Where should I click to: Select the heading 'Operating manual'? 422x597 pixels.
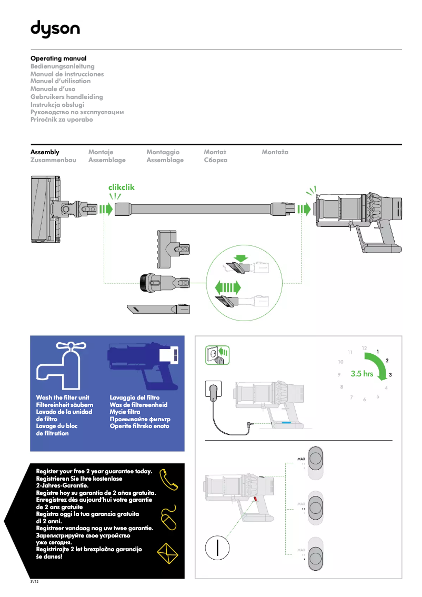(58, 58)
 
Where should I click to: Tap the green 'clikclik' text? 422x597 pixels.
(122, 187)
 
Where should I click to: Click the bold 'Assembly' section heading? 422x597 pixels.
(45, 152)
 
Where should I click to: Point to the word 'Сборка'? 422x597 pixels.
(215, 160)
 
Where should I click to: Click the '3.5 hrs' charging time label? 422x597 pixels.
(361, 374)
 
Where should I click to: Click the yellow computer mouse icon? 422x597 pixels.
(169, 519)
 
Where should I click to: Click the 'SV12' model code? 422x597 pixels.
(35, 583)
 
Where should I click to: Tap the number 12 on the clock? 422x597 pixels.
(364, 348)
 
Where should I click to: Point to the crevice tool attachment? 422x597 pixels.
(158, 309)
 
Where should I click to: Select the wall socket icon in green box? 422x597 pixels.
(217, 355)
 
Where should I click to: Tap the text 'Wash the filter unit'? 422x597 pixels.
(63, 397)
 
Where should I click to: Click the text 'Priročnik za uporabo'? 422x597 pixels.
(62, 120)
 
